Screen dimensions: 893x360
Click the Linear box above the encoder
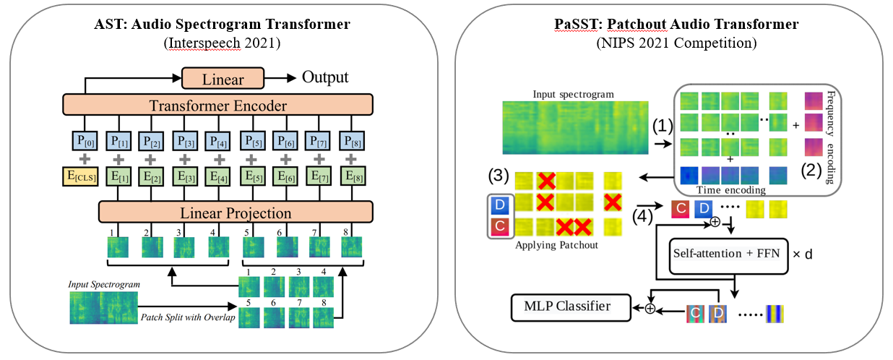click(x=223, y=78)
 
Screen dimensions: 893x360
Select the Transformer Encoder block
click(x=217, y=105)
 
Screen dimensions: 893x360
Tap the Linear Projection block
click(x=236, y=212)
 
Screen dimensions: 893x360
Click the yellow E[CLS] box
click(x=80, y=176)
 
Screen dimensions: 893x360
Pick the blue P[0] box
click(x=85, y=141)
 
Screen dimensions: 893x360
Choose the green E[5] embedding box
click(x=253, y=176)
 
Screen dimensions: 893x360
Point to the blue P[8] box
click(x=352, y=141)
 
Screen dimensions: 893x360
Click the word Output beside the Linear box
click(x=325, y=77)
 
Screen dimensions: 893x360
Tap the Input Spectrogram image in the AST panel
click(x=103, y=307)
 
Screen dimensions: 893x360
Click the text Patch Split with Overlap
click(x=188, y=317)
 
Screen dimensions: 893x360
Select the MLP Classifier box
click(x=571, y=307)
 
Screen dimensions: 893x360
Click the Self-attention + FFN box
click(x=728, y=256)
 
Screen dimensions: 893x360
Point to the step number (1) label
click(x=663, y=126)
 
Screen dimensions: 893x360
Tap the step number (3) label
click(x=499, y=176)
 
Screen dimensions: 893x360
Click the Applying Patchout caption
click(x=556, y=245)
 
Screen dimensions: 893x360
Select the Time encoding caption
click(x=730, y=190)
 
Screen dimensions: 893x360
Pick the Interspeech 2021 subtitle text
click(x=222, y=43)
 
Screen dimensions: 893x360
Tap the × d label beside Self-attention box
click(x=803, y=254)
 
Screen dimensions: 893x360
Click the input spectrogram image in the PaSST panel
click(x=575, y=127)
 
